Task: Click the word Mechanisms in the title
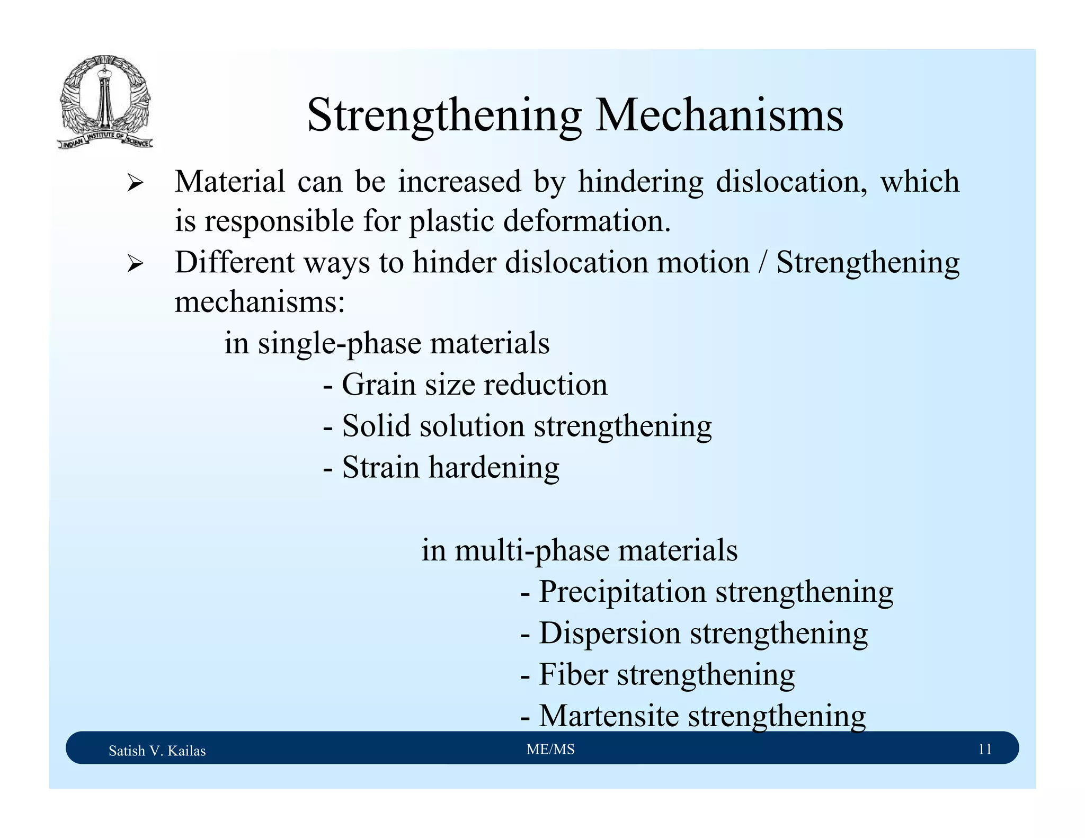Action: tap(719, 115)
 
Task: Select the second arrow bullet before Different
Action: tap(135, 264)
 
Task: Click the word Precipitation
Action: tap(622, 592)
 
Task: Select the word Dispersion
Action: tap(609, 633)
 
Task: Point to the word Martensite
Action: tap(609, 716)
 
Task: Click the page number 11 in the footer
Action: tap(985, 749)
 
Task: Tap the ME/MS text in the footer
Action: tap(550, 749)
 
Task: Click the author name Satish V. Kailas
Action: tap(157, 751)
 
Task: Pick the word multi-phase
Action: tap(531, 550)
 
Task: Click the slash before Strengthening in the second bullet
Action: tap(762, 263)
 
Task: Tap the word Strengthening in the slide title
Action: tap(444, 115)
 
